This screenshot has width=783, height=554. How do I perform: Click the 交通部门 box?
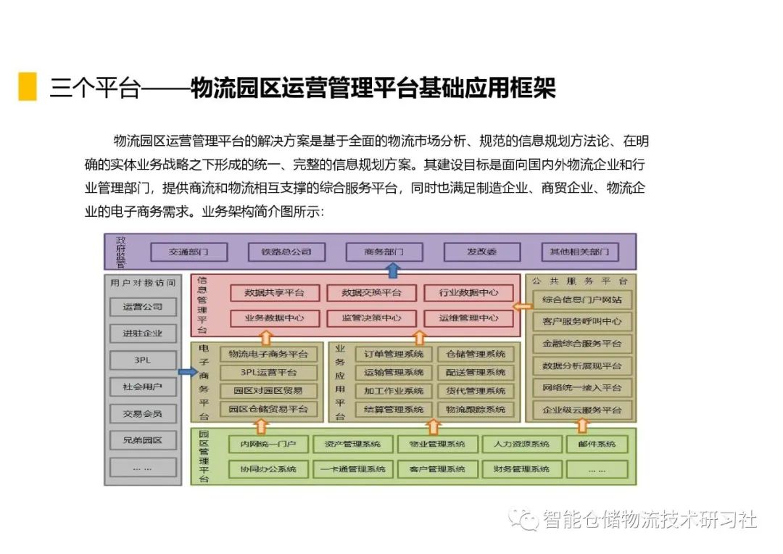coord(188,252)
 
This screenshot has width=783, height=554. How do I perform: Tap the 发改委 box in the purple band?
coord(481,252)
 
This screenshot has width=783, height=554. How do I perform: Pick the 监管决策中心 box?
coord(372,318)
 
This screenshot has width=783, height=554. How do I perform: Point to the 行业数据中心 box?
coord(468,293)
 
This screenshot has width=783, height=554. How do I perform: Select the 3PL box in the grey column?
coord(142,360)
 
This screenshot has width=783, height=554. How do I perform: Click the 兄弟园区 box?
coord(142,440)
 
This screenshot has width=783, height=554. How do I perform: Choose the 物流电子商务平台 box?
coord(268,354)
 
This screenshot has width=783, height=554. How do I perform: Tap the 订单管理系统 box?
coord(394,354)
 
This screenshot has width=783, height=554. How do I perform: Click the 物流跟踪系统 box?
coord(476,410)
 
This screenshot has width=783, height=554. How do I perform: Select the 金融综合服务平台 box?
coord(582,343)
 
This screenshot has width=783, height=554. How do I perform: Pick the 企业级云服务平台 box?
coord(582,410)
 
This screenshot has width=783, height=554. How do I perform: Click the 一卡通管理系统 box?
coord(352,469)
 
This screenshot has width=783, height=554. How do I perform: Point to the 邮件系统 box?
coord(597,444)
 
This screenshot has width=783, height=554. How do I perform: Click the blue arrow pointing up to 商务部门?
coord(393,270)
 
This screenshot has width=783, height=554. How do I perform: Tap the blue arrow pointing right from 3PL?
coord(187,372)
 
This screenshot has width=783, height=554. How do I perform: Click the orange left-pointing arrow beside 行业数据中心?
coord(522,305)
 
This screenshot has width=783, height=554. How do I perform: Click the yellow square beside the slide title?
coord(28,86)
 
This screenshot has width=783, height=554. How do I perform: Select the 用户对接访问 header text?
coord(143,282)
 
